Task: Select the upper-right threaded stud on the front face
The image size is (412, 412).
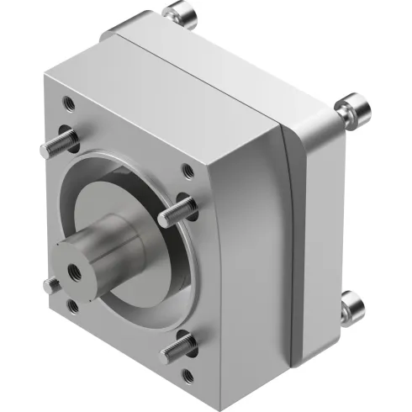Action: click(x=179, y=204)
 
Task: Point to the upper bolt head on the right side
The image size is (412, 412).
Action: click(x=348, y=111)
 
